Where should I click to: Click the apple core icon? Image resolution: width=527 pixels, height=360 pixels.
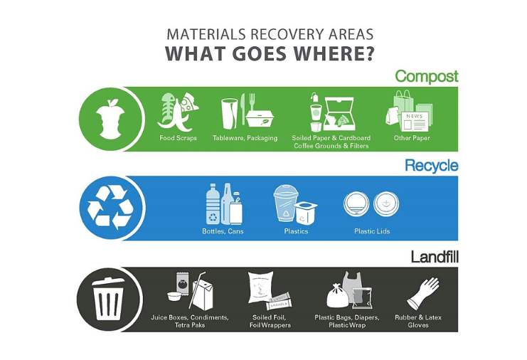click(110, 120)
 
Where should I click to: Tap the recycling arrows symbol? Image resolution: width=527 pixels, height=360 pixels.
click(110, 207)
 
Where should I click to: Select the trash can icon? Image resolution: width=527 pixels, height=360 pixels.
click(108, 299)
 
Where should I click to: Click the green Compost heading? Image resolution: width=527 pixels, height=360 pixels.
click(427, 77)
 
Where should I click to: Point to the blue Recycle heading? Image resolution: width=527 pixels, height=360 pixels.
click(432, 165)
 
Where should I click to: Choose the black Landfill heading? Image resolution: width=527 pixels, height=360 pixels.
click(435, 257)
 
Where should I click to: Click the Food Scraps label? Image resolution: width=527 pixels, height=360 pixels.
click(178, 138)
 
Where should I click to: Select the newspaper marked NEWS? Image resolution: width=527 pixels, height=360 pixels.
click(415, 122)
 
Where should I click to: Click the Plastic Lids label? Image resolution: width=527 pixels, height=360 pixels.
click(372, 231)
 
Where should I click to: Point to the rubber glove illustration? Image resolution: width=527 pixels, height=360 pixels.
click(423, 293)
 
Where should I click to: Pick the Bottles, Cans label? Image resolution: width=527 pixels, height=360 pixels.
click(223, 231)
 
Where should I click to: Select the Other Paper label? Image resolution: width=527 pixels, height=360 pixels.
click(412, 138)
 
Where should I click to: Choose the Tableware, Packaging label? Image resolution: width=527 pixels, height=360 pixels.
click(245, 138)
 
